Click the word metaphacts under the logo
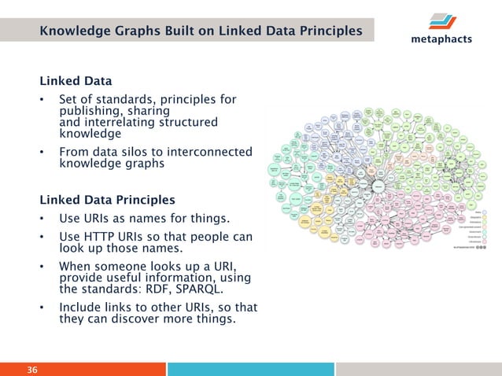(x=441, y=39)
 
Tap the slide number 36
(x=33, y=370)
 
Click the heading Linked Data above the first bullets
(x=76, y=81)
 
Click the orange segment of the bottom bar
(x=83, y=370)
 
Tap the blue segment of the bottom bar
(x=250, y=370)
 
